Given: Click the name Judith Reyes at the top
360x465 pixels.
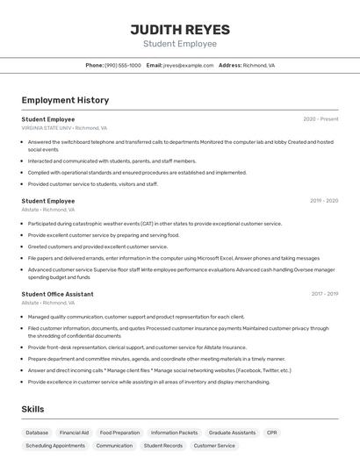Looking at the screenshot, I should coord(179,27).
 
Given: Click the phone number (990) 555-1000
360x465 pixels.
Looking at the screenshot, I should coord(122,65).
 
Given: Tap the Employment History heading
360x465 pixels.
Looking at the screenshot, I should coord(65,100).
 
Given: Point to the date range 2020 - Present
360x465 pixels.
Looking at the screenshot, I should coord(320,119).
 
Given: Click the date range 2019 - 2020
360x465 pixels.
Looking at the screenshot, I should coord(323,201).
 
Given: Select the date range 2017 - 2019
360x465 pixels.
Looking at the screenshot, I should coord(324,294).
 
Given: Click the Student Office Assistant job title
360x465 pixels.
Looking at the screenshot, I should coord(57,294).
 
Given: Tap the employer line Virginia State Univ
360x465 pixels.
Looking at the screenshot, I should coord(64,128).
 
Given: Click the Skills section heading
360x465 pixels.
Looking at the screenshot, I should coord(33,410).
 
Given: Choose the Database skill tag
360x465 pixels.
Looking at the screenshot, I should coord(37,433).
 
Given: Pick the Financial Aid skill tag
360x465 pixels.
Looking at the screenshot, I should coord(74,433).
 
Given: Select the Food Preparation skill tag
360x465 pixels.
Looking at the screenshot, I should coord(119,433).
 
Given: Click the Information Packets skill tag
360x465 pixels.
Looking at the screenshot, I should coord(174,433).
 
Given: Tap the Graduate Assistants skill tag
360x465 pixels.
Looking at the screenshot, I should coord(232,433).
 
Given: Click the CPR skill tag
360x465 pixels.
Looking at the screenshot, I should coord(272,433).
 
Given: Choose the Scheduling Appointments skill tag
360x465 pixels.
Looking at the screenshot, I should coord(55,446).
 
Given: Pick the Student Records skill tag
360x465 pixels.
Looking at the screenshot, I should coord(163,446).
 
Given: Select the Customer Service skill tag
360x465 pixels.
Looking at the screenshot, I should coord(214,446).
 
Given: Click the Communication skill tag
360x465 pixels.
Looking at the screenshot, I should coord(114,446).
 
